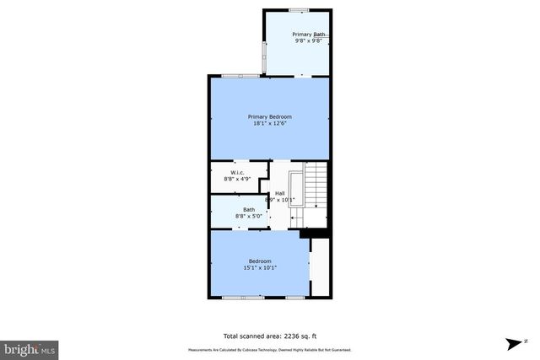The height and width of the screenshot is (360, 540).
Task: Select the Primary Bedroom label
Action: [x=269, y=116]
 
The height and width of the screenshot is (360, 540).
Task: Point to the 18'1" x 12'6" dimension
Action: [x=269, y=124]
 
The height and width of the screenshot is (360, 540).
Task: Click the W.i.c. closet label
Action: [x=237, y=172]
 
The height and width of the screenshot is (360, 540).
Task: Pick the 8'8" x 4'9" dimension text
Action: [x=237, y=179]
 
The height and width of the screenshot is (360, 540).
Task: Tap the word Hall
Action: [x=279, y=193]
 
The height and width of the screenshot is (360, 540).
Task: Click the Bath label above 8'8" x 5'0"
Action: [x=249, y=209]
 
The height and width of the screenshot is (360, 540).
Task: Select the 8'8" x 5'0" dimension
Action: [x=249, y=216]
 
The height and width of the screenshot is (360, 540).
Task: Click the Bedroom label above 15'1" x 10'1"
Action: [x=260, y=261]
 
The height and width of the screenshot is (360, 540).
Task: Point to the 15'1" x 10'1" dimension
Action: [x=260, y=268]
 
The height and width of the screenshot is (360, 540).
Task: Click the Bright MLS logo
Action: [x=30, y=347]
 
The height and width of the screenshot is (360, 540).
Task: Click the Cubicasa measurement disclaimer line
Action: [x=269, y=350]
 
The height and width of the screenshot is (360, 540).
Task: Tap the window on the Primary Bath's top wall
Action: [x=298, y=10]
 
